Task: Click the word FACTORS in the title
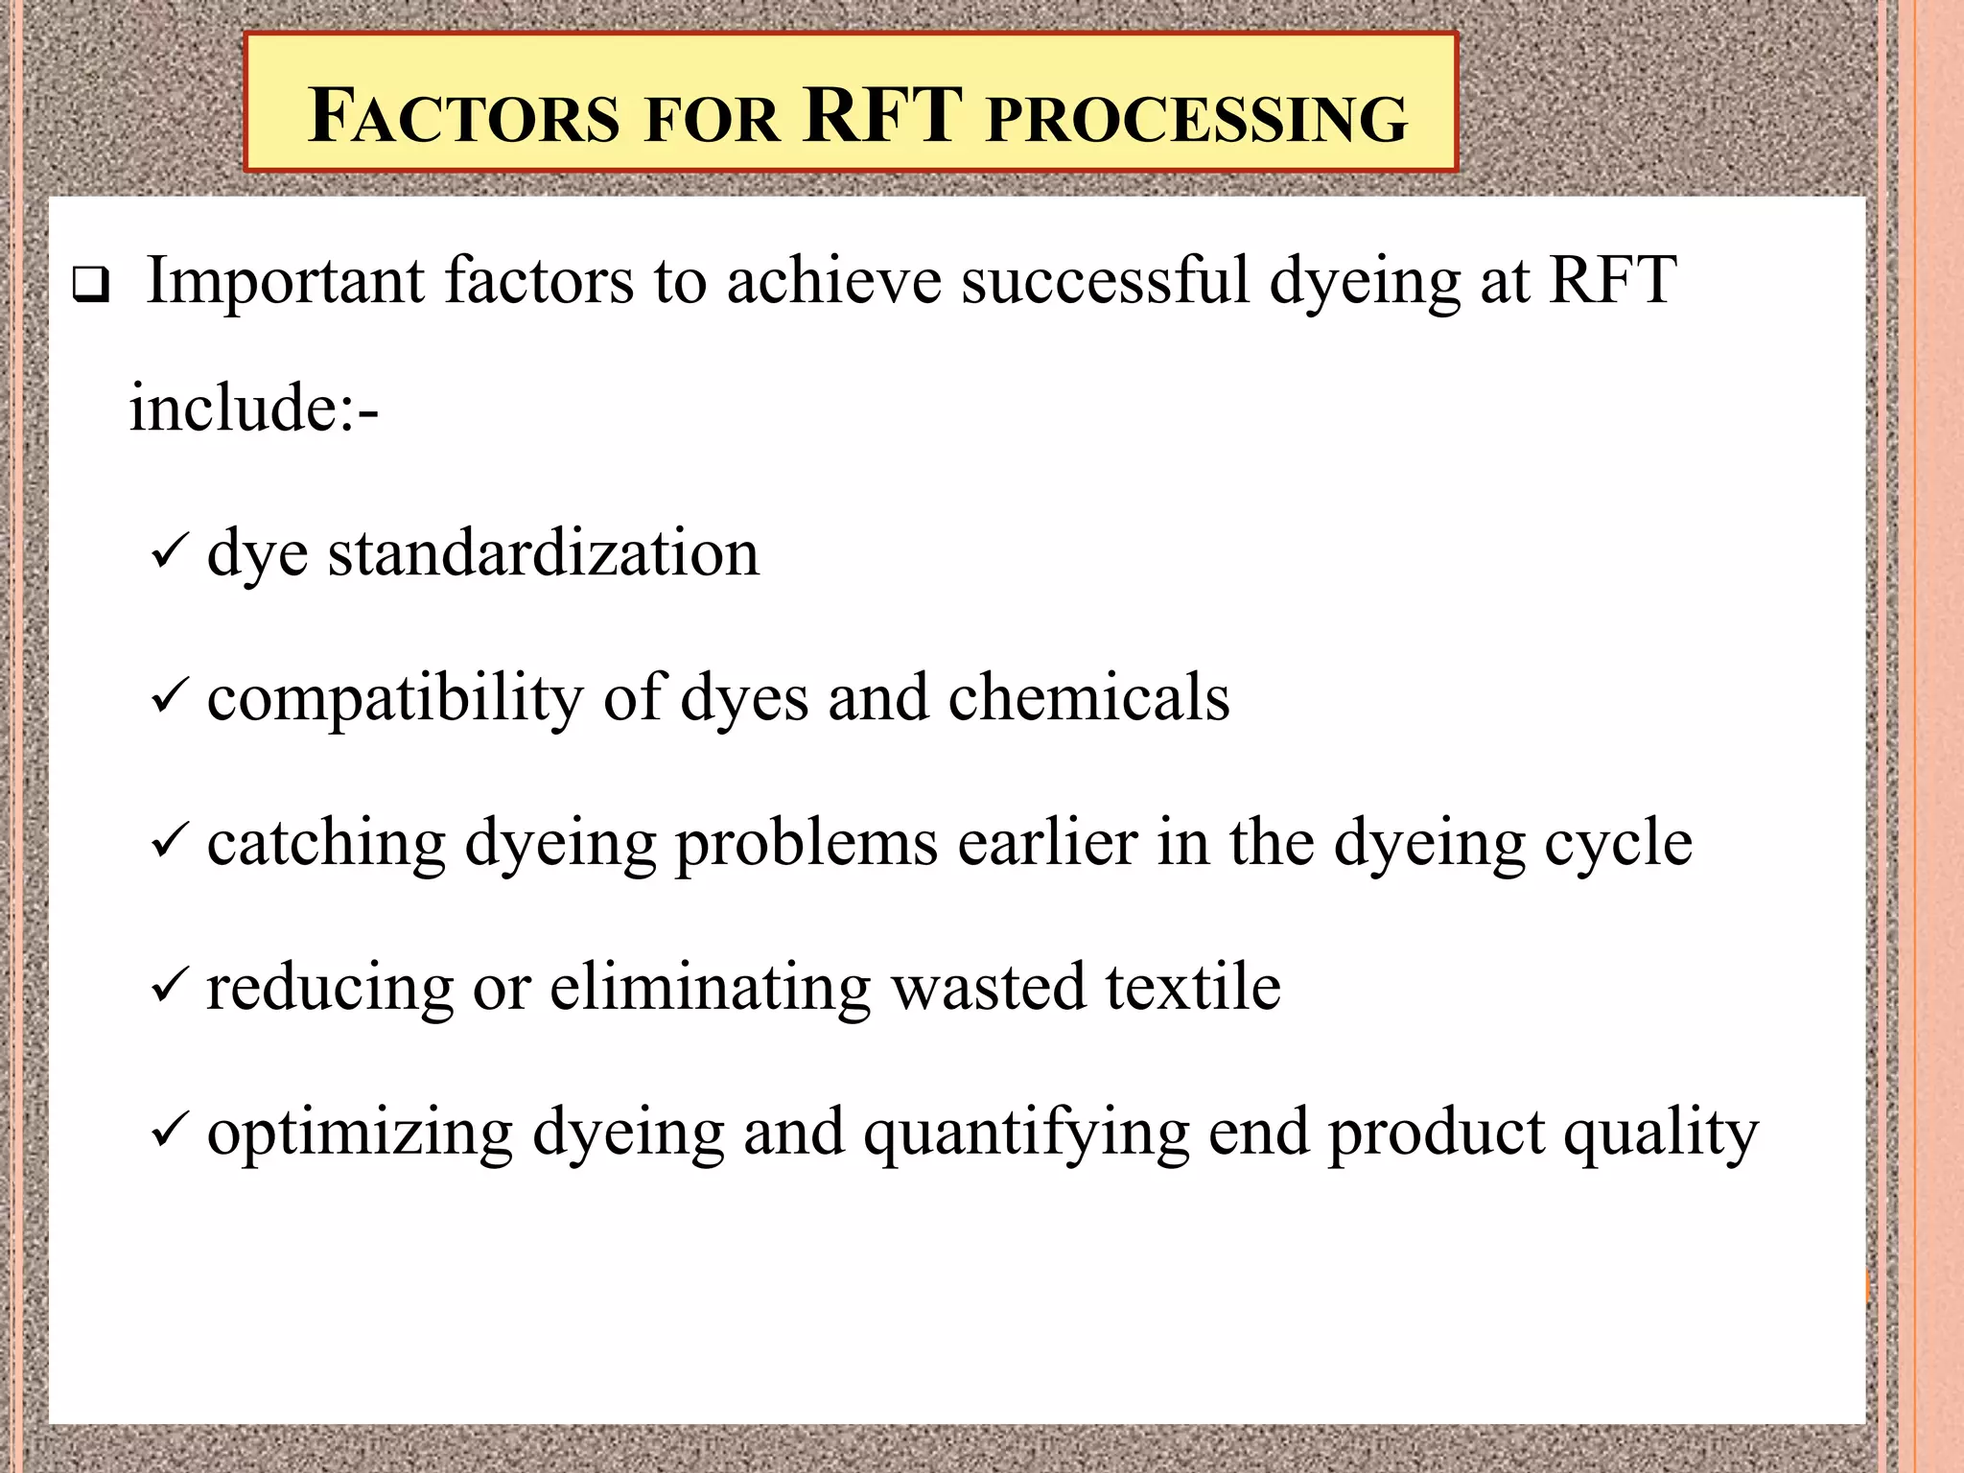463,117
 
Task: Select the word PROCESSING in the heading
1197,119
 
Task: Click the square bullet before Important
90,286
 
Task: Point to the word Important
286,282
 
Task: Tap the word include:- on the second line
254,408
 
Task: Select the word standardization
544,553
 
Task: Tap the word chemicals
1088,697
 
